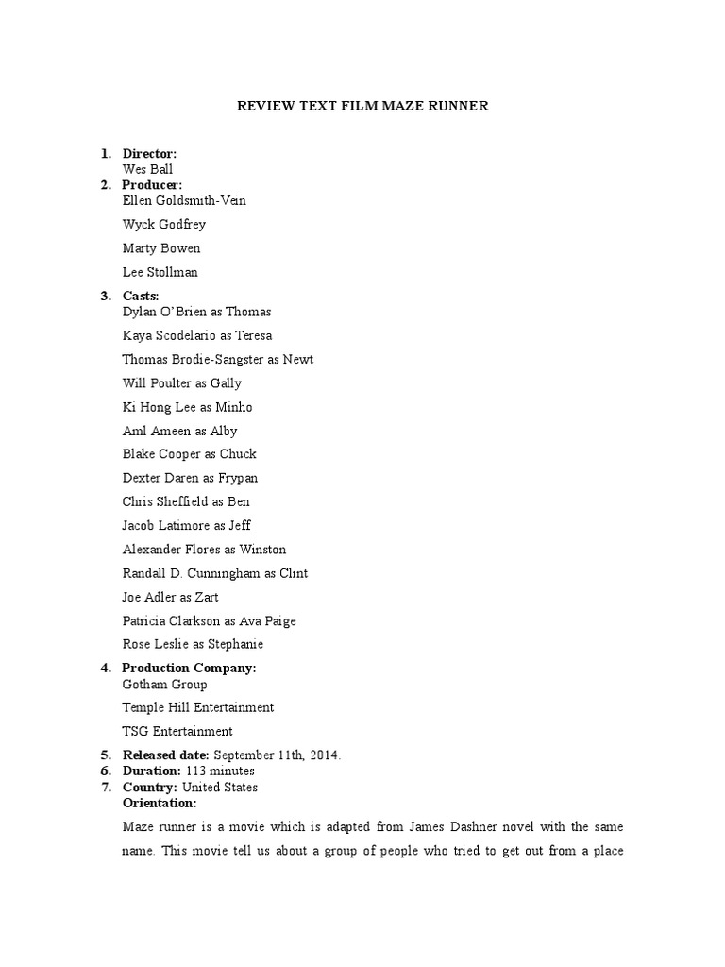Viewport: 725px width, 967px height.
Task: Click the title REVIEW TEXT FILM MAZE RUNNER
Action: point(362,106)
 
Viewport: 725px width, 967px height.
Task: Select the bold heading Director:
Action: point(149,153)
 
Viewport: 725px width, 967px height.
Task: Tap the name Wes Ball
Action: point(147,169)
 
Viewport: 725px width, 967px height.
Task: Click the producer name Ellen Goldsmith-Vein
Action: point(184,200)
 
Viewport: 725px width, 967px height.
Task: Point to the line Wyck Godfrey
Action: point(163,225)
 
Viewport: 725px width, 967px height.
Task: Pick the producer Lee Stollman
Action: point(160,272)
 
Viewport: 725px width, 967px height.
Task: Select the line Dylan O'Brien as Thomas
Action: point(196,312)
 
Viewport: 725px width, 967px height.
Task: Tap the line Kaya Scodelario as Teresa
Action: point(197,335)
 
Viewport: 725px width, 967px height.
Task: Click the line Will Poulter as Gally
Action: point(181,383)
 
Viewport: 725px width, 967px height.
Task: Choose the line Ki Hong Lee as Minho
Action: point(187,407)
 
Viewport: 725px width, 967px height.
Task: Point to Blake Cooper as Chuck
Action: point(189,454)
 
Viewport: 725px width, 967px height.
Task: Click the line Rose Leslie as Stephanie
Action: point(193,644)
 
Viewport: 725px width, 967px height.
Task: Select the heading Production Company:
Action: point(189,668)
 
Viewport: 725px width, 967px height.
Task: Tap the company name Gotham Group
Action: point(164,684)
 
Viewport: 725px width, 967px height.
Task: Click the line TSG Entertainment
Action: point(177,731)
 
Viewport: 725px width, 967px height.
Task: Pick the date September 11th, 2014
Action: point(278,755)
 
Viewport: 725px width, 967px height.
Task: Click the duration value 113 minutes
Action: point(219,772)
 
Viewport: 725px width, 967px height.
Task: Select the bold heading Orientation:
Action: point(160,803)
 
